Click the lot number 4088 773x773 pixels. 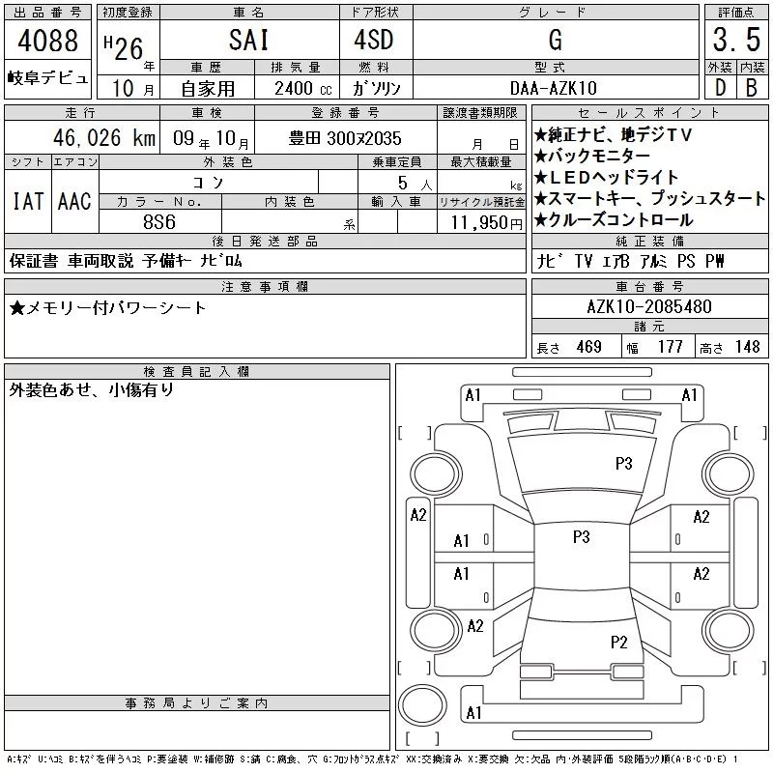(47, 41)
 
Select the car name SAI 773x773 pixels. (249, 41)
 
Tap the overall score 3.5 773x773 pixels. (736, 40)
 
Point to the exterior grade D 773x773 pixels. (720, 88)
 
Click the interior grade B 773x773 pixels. (752, 88)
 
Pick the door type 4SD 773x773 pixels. (374, 40)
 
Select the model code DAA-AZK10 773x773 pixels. (554, 88)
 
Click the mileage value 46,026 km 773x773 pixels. (104, 137)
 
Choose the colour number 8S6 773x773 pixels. (159, 222)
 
